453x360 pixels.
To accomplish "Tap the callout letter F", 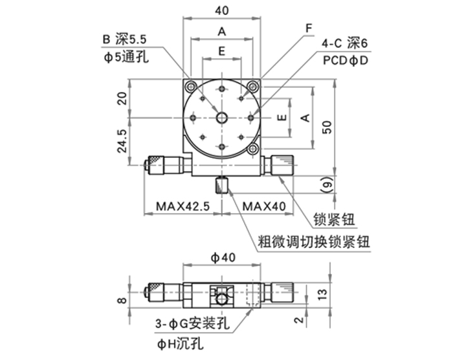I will [x=309, y=28].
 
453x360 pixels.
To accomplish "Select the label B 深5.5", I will [x=125, y=39].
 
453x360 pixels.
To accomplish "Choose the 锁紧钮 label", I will [x=334, y=219].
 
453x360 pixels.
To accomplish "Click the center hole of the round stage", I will [x=222, y=117].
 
